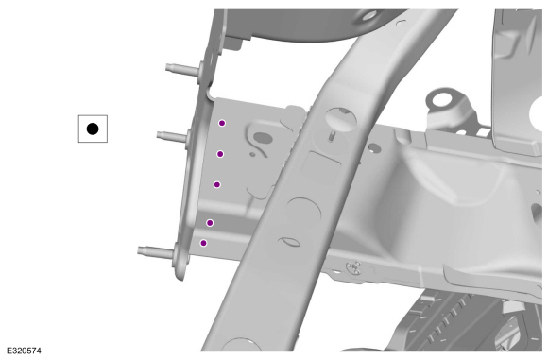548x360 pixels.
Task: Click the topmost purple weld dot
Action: tap(222, 123)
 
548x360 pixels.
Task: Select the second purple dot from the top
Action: tap(220, 154)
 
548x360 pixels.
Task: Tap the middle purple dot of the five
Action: tap(217, 184)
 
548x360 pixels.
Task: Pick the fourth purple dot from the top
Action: tap(210, 223)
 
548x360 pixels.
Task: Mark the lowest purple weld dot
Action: tap(203, 243)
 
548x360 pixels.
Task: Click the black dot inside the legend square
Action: tap(93, 129)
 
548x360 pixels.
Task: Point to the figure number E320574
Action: tap(24, 351)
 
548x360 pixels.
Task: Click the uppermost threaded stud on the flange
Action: tap(182, 69)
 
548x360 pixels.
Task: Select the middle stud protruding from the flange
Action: tap(172, 136)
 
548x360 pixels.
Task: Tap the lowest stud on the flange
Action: tap(156, 251)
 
